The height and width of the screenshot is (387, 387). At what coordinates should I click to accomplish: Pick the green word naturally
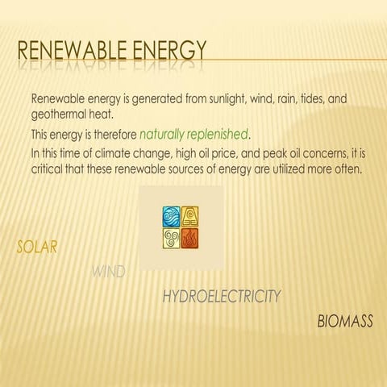coord(169,132)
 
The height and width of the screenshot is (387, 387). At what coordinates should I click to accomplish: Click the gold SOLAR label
coord(37,247)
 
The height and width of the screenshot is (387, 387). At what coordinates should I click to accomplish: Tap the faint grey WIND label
coord(108,272)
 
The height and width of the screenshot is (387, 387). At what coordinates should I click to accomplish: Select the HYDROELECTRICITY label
coord(222,297)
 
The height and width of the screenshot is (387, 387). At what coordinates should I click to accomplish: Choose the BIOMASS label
coord(345,322)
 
